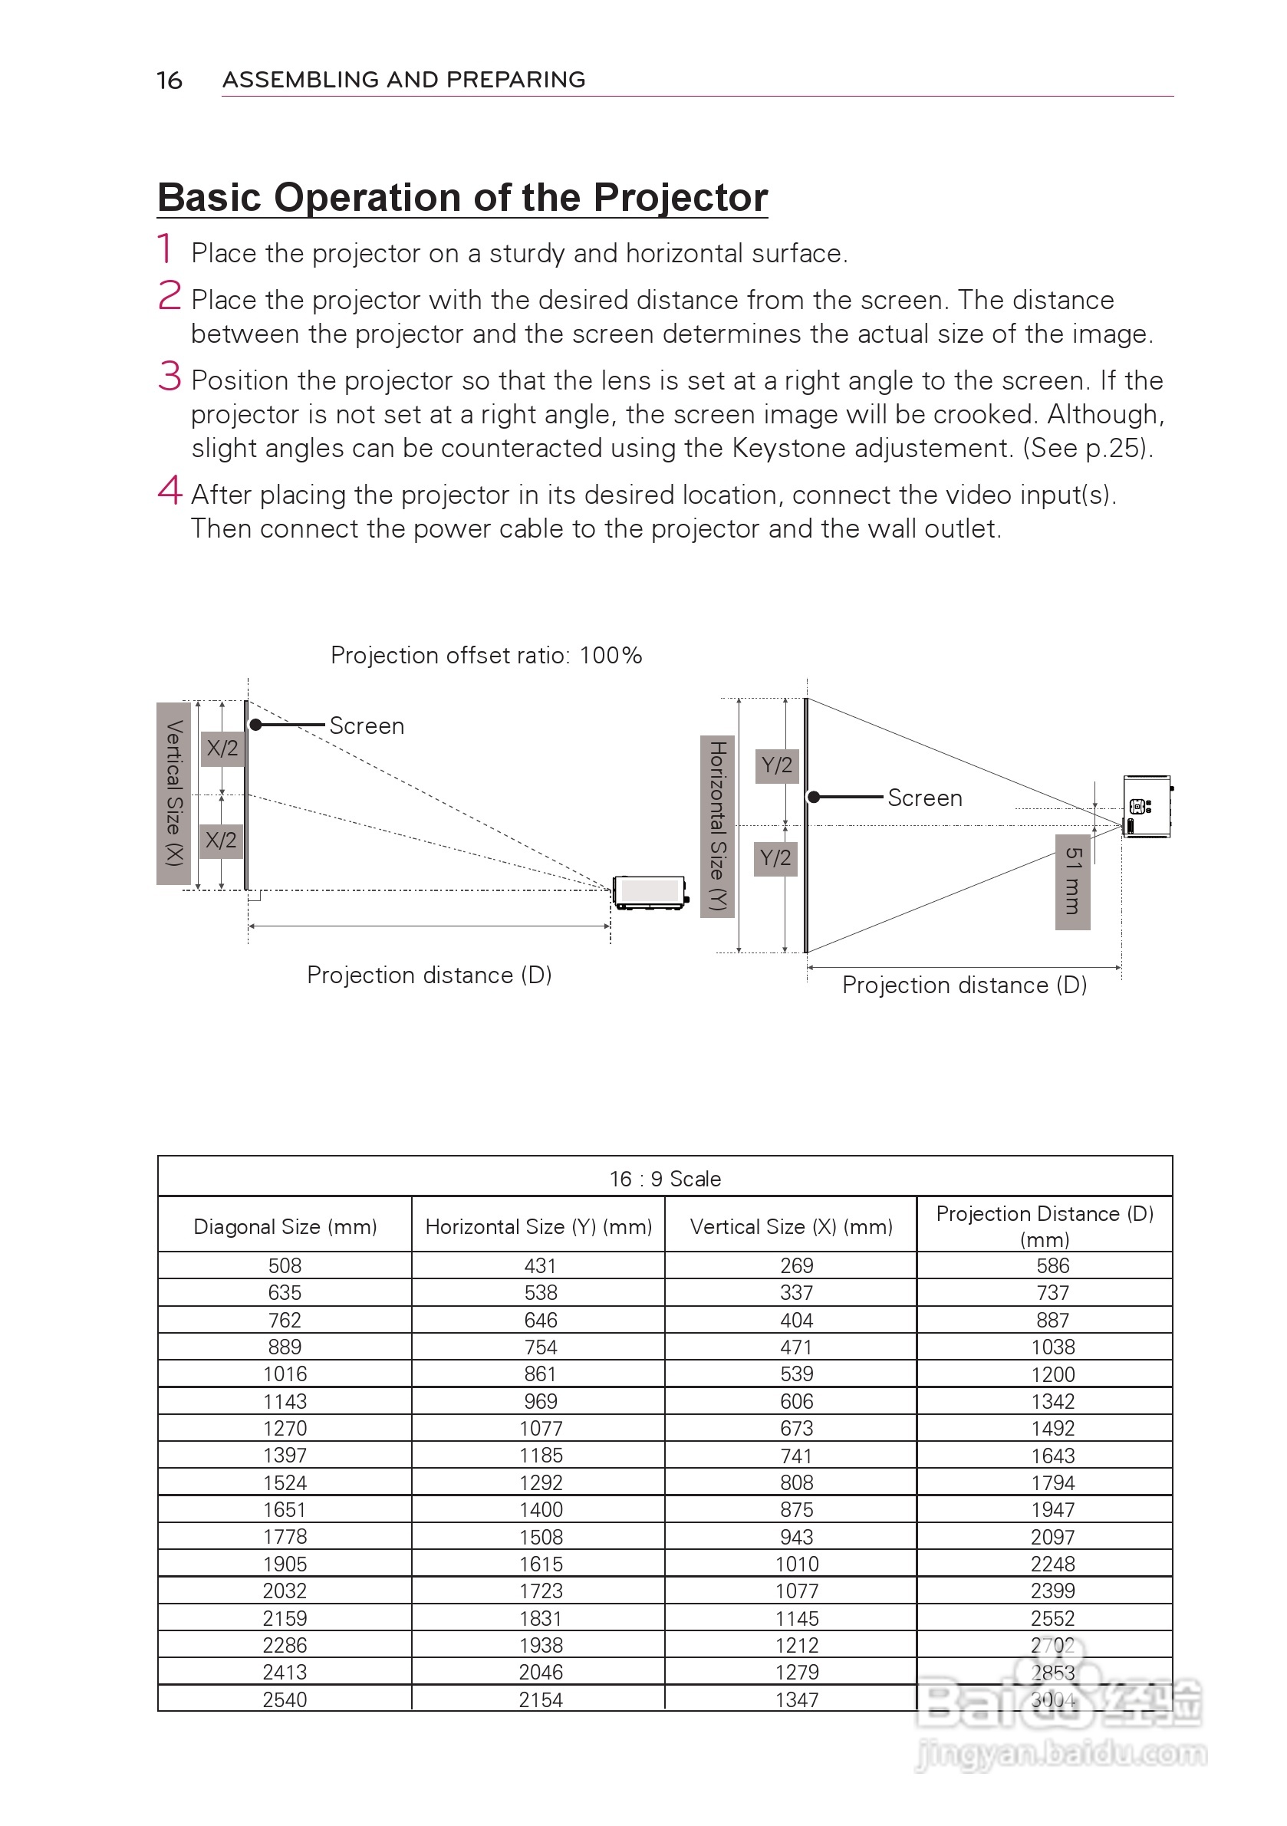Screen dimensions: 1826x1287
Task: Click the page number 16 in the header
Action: coord(169,81)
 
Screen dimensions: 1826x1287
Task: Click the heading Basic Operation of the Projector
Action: coord(462,197)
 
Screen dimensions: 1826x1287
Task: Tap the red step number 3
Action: coord(170,377)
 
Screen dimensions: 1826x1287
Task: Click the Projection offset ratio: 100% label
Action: coord(486,656)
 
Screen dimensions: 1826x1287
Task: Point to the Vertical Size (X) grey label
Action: coord(173,793)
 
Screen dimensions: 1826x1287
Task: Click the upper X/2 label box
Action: coord(222,748)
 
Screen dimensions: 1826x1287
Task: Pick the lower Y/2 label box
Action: coord(775,858)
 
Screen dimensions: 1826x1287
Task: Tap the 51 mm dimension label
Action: coord(1072,881)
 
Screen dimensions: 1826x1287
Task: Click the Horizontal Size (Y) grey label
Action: coord(717,825)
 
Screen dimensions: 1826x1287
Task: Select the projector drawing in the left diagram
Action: coord(650,892)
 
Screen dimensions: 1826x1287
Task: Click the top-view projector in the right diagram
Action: coord(1146,807)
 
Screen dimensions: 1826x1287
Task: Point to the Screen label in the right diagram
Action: coord(924,798)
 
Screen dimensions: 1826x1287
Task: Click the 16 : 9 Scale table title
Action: coord(665,1179)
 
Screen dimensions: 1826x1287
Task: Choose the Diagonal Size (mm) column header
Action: coord(285,1226)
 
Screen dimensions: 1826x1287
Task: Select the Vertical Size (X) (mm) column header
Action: coord(791,1226)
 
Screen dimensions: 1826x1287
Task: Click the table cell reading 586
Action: coord(1052,1265)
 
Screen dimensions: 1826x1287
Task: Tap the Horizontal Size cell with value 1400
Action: coord(541,1509)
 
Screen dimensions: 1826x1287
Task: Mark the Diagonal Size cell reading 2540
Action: coord(285,1699)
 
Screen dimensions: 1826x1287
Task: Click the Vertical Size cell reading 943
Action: coord(796,1537)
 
